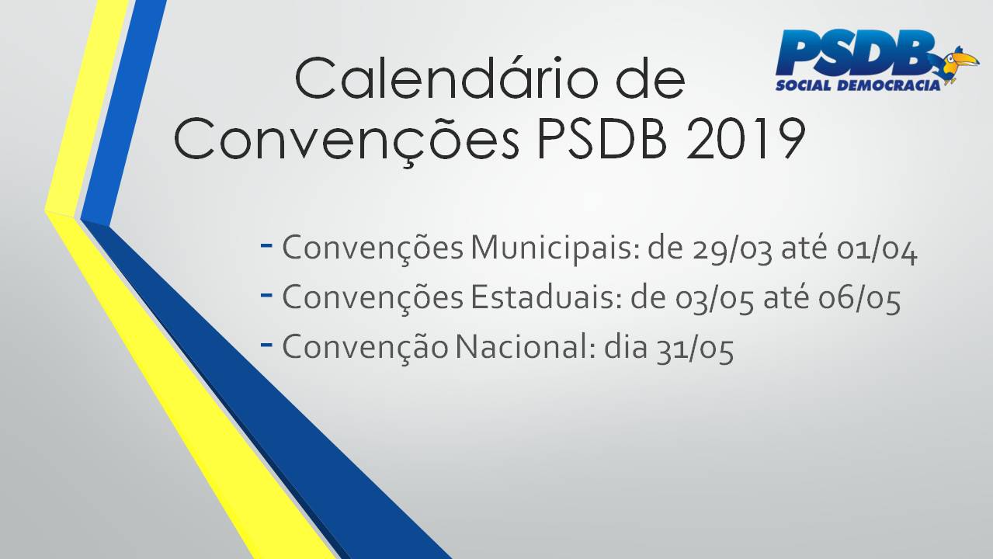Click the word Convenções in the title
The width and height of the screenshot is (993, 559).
(346, 142)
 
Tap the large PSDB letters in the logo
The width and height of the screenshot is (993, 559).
(856, 53)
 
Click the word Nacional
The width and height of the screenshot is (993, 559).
(525, 347)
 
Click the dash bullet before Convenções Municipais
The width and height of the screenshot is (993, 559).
(266, 245)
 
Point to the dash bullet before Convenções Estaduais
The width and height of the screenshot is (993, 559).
(266, 294)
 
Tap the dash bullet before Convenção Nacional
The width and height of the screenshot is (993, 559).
(266, 344)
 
